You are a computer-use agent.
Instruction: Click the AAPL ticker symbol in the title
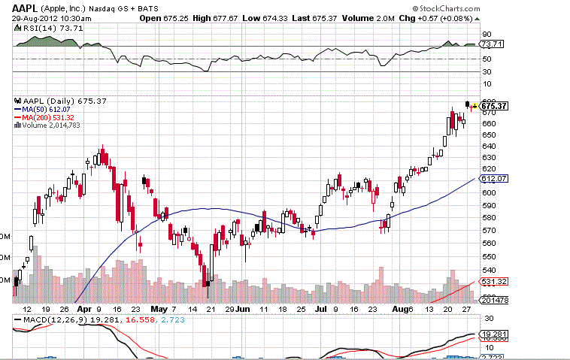26,8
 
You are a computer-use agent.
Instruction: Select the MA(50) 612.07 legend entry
48,110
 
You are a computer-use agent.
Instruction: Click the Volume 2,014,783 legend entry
51,126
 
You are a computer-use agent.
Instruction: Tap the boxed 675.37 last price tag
494,106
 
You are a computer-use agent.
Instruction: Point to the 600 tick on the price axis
487,192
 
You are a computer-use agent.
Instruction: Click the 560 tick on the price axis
487,244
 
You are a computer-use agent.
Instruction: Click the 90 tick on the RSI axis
487,34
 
